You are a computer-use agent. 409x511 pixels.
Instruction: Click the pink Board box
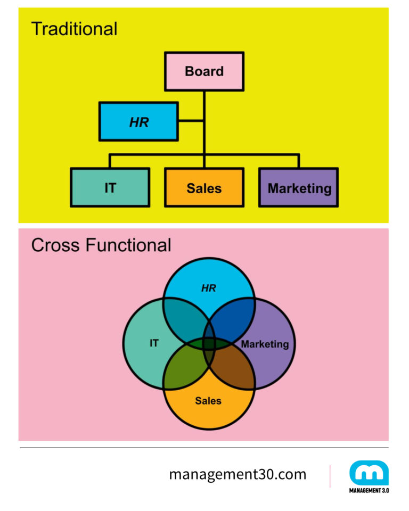point(204,71)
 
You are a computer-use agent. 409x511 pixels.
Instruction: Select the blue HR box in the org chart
point(138,122)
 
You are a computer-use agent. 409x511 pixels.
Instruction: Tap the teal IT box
point(110,187)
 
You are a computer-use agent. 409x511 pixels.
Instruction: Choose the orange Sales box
point(204,187)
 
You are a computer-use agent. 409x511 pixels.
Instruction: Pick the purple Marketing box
point(299,187)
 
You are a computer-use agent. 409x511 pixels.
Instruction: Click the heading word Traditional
point(74,29)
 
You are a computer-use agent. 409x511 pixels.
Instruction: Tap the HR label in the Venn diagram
point(208,288)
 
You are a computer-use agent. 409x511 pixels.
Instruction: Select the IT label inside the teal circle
point(153,343)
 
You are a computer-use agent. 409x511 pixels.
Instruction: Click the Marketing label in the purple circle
point(265,344)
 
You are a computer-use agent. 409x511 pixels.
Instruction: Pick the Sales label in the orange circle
point(208,401)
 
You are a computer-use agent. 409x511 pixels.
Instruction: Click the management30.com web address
point(238,474)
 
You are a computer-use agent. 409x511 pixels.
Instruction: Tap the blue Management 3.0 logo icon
point(369,473)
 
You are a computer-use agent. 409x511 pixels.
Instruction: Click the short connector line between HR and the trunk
point(191,122)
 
